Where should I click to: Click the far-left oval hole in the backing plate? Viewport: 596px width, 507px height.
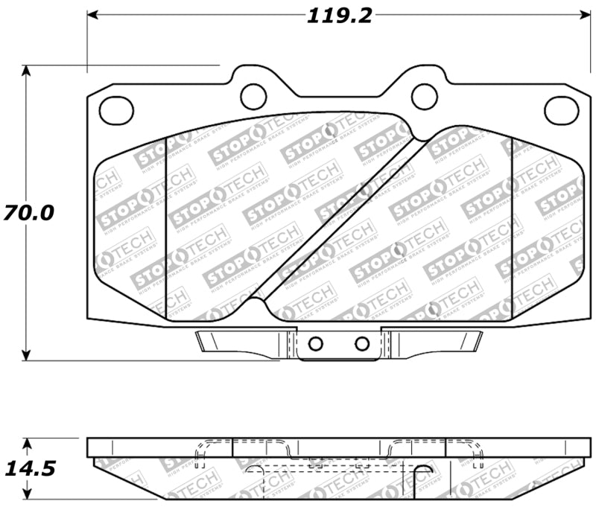116,110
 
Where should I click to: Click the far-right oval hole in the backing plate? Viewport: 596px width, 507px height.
561,110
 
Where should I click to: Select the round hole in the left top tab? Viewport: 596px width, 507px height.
253,95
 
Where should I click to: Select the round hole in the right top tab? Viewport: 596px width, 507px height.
424,95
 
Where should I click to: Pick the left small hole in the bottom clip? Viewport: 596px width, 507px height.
315,343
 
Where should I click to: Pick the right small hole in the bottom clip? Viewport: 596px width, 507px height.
362,343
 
